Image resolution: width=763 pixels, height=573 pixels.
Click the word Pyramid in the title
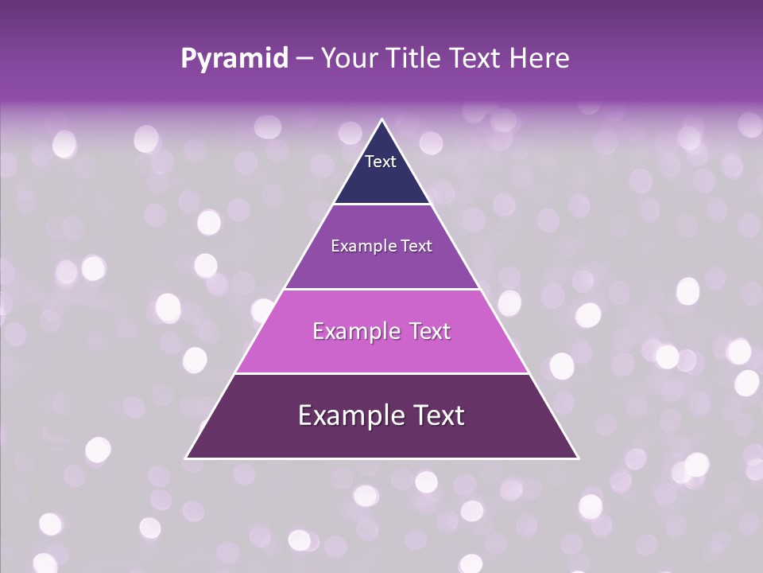pyautogui.click(x=234, y=59)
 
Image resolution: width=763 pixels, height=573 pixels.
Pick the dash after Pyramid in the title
pyautogui.click(x=304, y=59)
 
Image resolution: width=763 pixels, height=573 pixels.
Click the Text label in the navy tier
pyautogui.click(x=381, y=162)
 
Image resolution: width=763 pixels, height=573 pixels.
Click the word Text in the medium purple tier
pyautogui.click(x=417, y=246)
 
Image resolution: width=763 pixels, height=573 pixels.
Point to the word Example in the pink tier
pyautogui.click(x=355, y=331)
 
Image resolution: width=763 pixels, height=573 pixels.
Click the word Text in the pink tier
pyautogui.click(x=428, y=331)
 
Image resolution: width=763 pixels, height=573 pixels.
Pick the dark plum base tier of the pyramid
pyautogui.click(x=381, y=438)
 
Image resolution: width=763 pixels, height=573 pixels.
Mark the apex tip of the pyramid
pyautogui.click(x=382, y=120)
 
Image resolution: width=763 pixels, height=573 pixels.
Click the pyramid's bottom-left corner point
pyautogui.click(x=186, y=458)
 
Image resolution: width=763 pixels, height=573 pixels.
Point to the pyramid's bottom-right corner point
pyautogui.click(x=578, y=458)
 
